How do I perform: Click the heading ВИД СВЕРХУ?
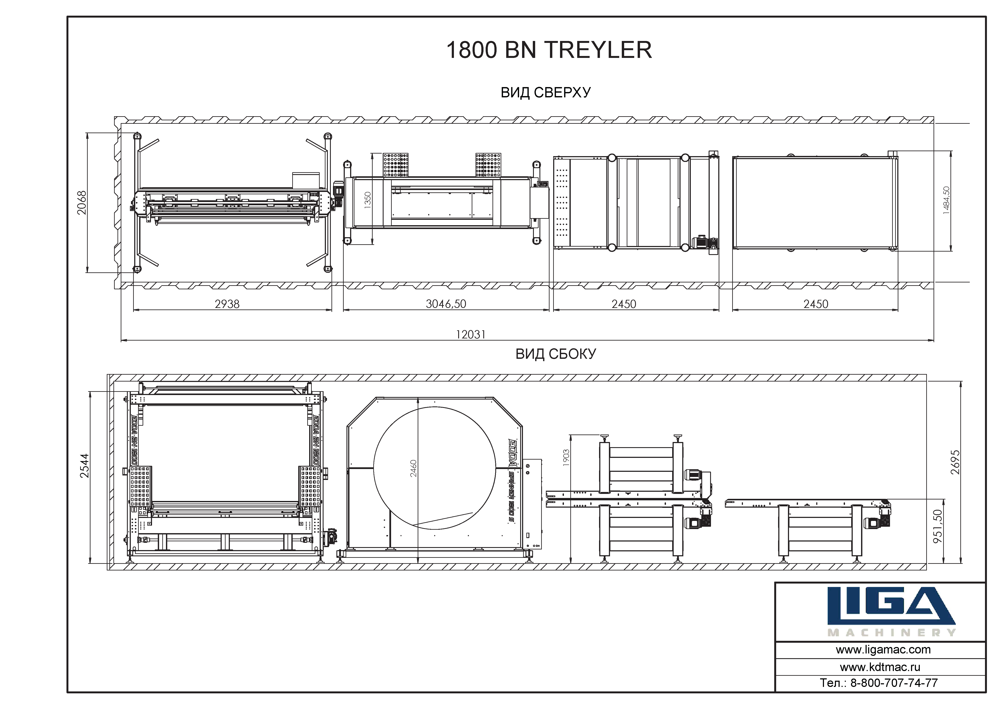click(x=546, y=93)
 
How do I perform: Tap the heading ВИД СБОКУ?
click(x=556, y=354)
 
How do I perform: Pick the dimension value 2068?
click(x=82, y=203)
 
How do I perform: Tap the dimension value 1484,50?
click(x=946, y=201)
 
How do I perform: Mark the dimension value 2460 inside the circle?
click(x=413, y=468)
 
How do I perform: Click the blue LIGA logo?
click(x=891, y=605)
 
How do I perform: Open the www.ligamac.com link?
click(x=883, y=650)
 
